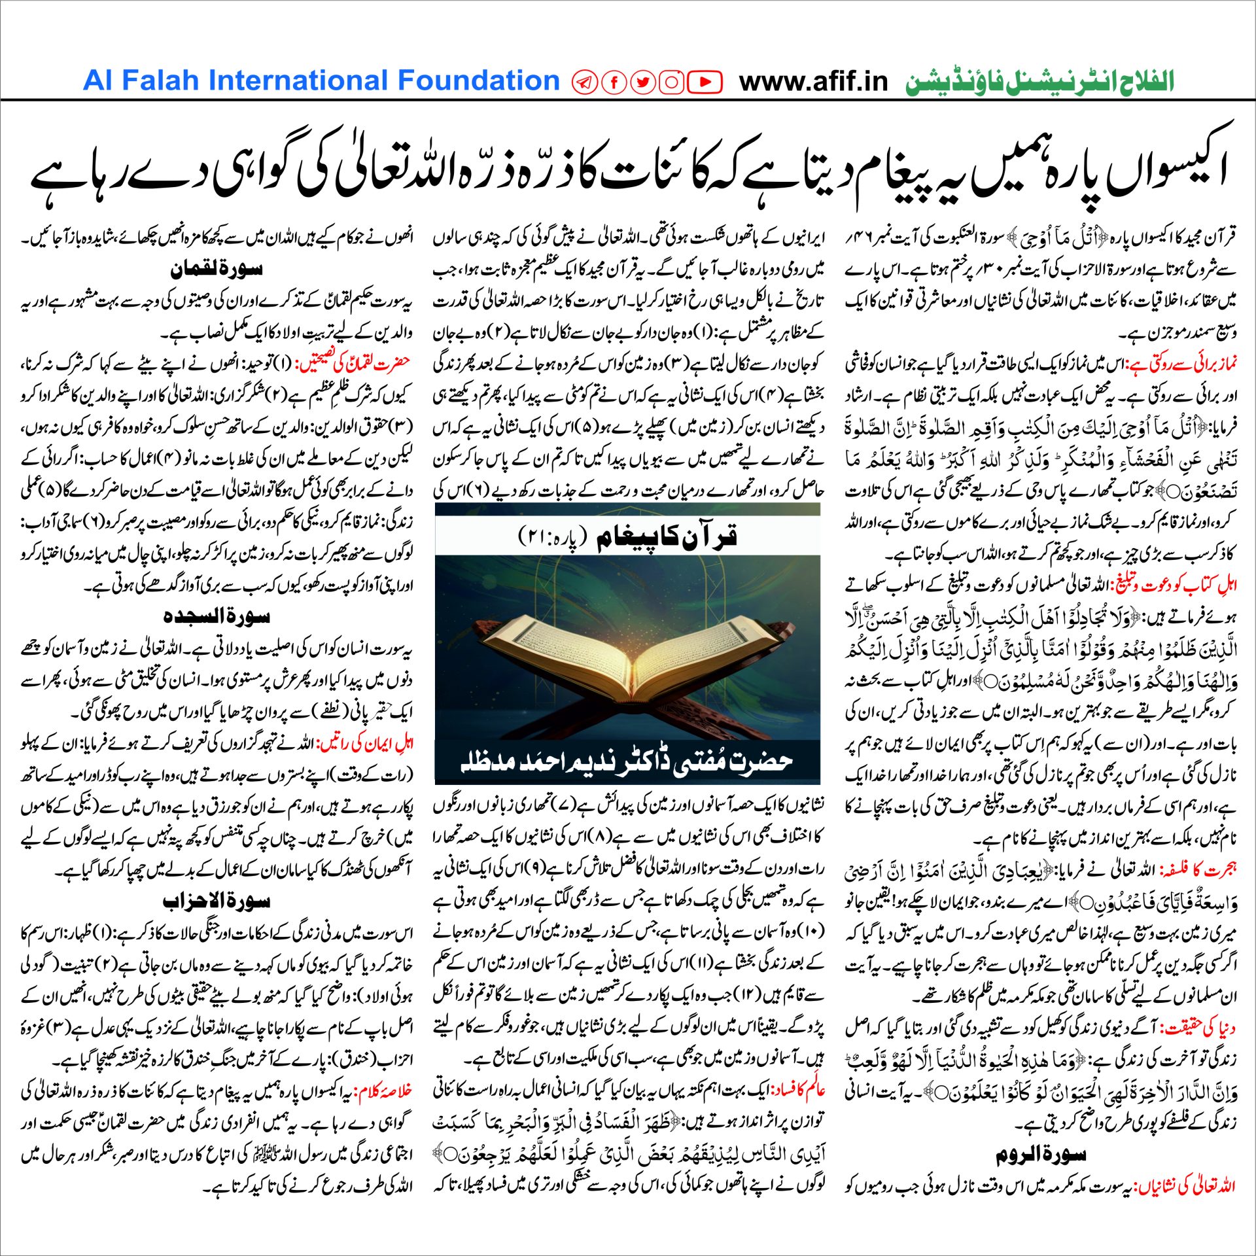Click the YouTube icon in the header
[705, 82]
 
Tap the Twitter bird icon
[643, 82]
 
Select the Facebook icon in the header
[614, 82]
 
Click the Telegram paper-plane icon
[585, 82]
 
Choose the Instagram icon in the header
[672, 82]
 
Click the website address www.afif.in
[813, 82]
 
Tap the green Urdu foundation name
[1040, 82]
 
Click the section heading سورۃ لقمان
[217, 269]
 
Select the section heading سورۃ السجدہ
[217, 616]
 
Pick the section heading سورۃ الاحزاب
[217, 901]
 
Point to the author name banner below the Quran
[627, 761]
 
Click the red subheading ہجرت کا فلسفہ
[1198, 871]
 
